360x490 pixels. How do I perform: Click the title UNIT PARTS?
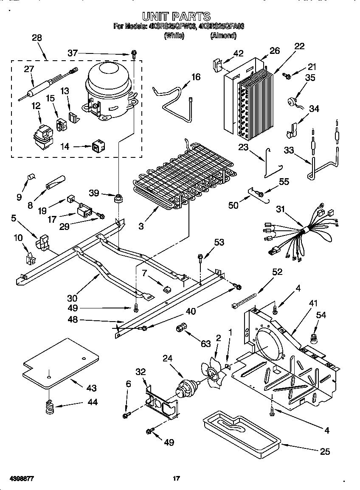176,16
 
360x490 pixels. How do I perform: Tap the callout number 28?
37,38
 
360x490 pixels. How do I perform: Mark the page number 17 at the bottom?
176,479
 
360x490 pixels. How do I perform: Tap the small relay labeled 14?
97,147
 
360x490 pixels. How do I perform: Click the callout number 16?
196,77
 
